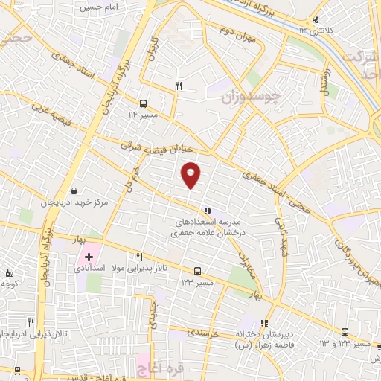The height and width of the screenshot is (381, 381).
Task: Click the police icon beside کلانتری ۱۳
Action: (x=316, y=20)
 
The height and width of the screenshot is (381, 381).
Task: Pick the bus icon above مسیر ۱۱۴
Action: (x=143, y=103)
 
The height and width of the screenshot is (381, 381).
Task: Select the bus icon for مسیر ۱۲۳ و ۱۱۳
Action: (x=345, y=333)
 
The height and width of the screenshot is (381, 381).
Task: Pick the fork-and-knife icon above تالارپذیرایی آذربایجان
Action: (x=31, y=322)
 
